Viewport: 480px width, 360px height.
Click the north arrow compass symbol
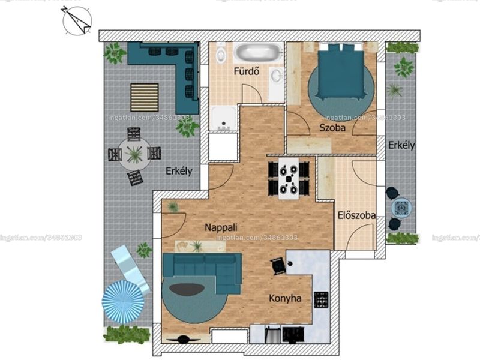[77, 21]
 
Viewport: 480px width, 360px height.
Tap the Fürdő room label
[247, 71]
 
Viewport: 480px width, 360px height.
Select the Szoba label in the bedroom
[332, 128]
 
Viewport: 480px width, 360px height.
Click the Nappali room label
[221, 227]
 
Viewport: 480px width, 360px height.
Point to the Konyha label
[285, 298]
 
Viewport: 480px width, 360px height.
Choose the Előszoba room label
[357, 215]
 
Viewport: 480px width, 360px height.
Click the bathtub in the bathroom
[259, 52]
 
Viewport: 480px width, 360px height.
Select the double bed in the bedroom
[341, 71]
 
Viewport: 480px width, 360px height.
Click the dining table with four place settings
[289, 178]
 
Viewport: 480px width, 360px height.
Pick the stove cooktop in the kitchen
[321, 299]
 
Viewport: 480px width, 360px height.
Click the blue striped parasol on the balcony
[123, 302]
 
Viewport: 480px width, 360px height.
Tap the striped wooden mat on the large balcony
[145, 97]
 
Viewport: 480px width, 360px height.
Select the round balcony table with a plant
[134, 154]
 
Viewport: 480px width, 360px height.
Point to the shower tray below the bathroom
[224, 118]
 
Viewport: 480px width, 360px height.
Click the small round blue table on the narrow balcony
[401, 208]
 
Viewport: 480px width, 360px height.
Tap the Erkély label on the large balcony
[179, 171]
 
